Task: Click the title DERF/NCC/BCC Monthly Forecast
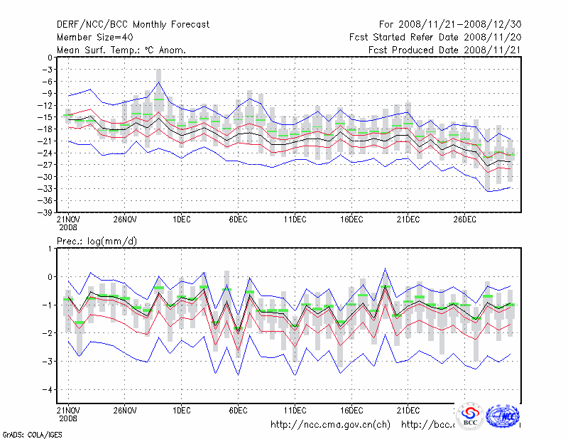coord(133,24)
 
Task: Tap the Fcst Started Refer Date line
coord(435,37)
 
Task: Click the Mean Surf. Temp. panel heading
coord(121,50)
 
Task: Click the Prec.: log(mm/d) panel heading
coord(97,242)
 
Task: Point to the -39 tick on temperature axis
coord(45,212)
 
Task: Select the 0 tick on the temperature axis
coord(50,58)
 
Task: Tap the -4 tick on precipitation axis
coord(48,389)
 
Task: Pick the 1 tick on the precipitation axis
coord(50,249)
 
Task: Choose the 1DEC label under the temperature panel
coord(181,220)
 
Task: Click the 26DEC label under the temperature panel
coord(464,220)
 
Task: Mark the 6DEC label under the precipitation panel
coord(238,411)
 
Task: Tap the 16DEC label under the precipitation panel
coord(351,411)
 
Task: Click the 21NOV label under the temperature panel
coord(68,220)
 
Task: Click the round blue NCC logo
coord(503,416)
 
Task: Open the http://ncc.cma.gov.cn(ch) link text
coord(330,425)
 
